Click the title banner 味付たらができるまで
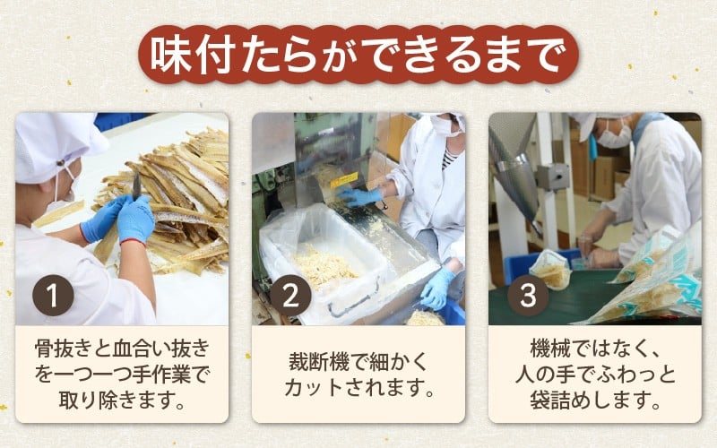coord(358,55)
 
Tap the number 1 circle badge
coord(53,296)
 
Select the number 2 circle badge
coord(290,296)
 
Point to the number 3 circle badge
coord(528,296)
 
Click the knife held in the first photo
coord(136,185)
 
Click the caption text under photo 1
coord(122,375)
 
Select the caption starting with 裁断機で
coord(358,375)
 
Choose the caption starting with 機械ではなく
coord(595,375)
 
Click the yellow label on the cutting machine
coord(344,180)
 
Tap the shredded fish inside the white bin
coord(324,268)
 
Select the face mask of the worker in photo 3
coord(614,136)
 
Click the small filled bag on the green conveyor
coord(553,270)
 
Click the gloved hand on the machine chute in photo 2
coord(360,196)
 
